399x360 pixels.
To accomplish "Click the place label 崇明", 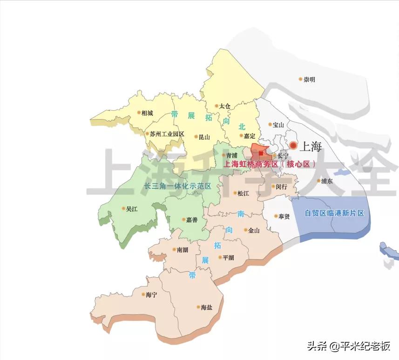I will (x=309, y=80).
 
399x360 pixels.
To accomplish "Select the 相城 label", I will (x=147, y=113).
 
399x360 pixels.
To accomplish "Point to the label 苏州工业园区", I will (x=167, y=134).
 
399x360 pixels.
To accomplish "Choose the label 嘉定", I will (x=250, y=136).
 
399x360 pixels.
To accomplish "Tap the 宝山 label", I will (x=278, y=125).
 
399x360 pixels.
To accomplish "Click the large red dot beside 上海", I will (x=293, y=146).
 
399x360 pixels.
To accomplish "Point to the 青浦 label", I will (x=232, y=155).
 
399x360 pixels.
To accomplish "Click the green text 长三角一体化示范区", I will (x=177, y=186).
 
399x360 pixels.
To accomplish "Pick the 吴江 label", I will (x=132, y=209).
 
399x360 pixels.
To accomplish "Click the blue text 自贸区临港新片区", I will (x=334, y=213).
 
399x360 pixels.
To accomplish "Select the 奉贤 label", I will (x=284, y=216).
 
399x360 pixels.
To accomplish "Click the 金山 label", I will (x=254, y=230).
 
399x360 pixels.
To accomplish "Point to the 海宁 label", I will (x=151, y=294).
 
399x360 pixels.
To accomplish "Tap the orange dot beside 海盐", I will (x=198, y=307).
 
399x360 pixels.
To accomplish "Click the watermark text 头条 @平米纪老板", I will (x=348, y=346).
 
